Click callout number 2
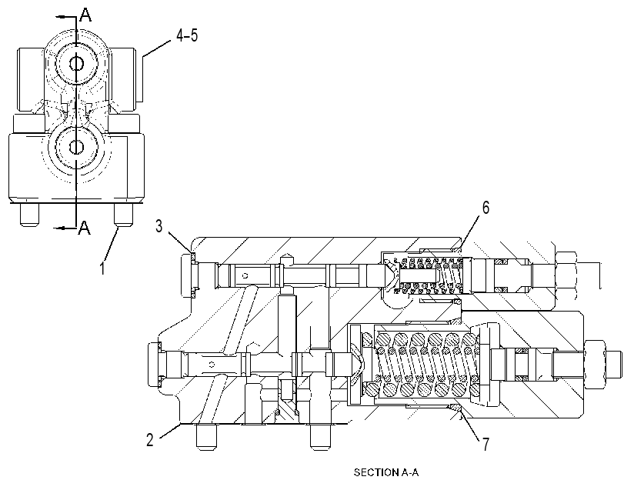pyautogui.click(x=149, y=440)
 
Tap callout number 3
pyautogui.click(x=159, y=226)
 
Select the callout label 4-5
pyautogui.click(x=187, y=36)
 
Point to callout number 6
pyautogui.click(x=486, y=208)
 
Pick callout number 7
pyautogui.click(x=486, y=444)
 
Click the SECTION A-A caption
pyautogui.click(x=386, y=472)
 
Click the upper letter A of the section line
pyautogui.click(x=85, y=15)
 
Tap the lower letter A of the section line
pyautogui.click(x=85, y=228)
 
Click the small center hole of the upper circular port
pyautogui.click(x=76, y=63)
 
